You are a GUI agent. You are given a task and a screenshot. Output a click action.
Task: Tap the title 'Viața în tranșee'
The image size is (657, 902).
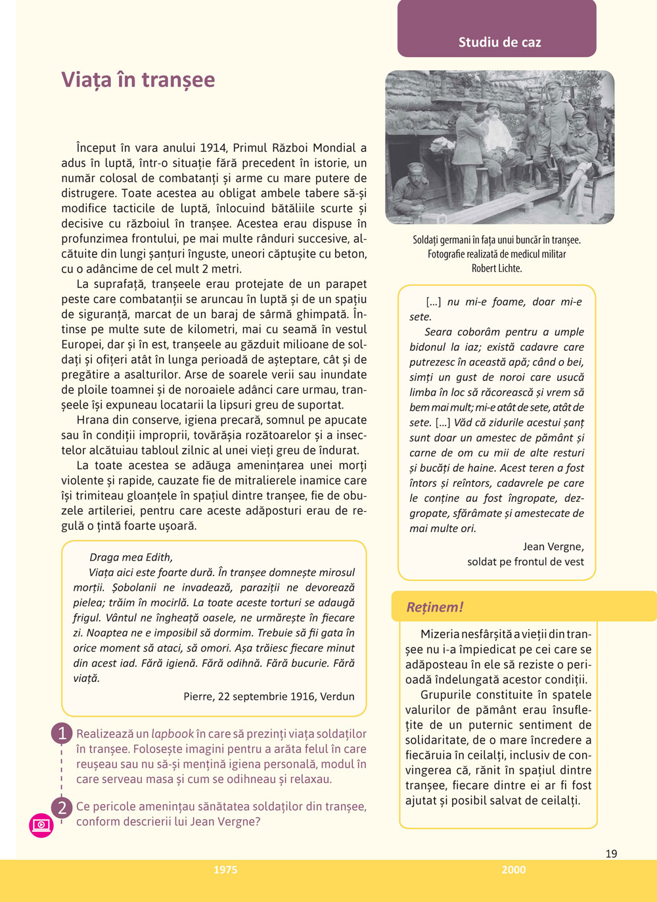(138, 79)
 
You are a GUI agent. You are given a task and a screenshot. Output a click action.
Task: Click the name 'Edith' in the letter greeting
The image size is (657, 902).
(158, 557)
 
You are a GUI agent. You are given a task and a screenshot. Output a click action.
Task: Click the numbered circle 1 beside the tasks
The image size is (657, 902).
(62, 733)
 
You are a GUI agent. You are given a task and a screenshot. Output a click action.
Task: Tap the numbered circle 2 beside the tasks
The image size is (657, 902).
(62, 807)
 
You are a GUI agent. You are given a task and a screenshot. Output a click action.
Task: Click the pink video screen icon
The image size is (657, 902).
(41, 824)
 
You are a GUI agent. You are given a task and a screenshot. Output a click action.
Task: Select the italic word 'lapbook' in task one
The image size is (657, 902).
(172, 734)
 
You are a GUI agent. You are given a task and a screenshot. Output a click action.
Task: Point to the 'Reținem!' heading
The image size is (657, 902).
(434, 607)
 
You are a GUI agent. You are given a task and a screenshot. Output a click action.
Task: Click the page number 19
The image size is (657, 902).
(611, 854)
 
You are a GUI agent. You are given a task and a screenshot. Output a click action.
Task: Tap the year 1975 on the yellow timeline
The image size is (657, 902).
(225, 870)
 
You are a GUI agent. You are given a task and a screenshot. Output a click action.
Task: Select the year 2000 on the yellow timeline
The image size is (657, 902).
(513, 870)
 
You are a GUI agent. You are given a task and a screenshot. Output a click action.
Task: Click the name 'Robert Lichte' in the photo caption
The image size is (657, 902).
(497, 269)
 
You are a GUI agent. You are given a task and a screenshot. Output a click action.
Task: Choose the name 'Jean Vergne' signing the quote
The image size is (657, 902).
(553, 547)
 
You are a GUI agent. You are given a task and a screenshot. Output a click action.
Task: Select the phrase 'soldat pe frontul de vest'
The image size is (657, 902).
(525, 562)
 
